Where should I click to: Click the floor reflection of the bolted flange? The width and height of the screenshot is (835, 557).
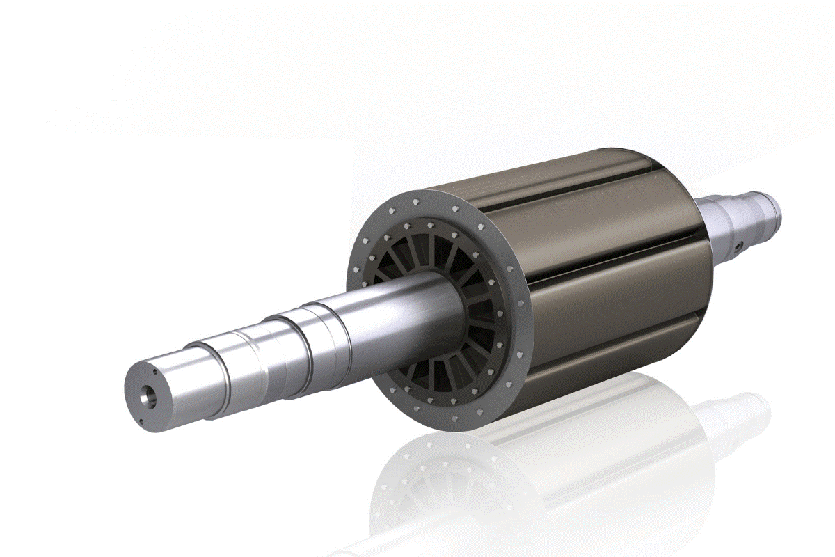pos(431,487)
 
